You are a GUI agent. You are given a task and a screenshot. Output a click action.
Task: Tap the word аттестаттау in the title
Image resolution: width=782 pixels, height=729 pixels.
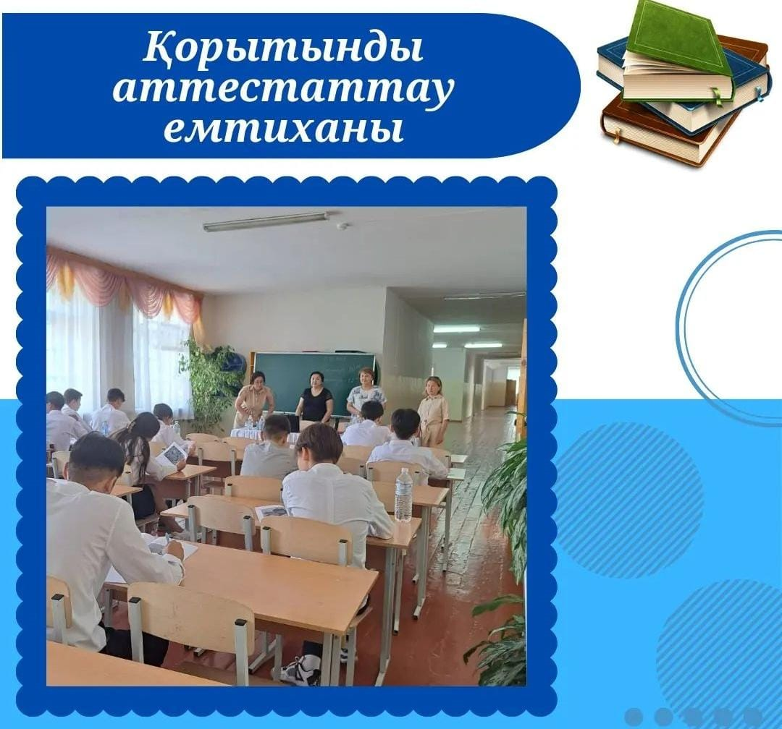click(x=283, y=90)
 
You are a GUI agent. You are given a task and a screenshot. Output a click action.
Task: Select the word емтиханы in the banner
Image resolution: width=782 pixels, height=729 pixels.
click(x=283, y=129)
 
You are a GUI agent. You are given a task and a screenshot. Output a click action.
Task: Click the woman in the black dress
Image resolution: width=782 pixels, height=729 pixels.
click(x=315, y=397)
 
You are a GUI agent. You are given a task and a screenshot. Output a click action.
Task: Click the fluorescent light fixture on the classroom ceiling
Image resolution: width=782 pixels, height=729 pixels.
click(x=266, y=222)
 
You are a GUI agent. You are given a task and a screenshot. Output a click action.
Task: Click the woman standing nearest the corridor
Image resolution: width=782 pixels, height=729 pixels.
click(x=432, y=412)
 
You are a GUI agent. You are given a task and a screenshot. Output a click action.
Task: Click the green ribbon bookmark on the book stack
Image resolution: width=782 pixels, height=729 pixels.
click(x=718, y=98)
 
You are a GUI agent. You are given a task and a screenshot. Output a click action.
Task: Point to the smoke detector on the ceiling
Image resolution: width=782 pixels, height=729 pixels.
click(x=342, y=226)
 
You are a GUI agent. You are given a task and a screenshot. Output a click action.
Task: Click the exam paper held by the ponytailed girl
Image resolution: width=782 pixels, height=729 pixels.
click(x=173, y=452)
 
